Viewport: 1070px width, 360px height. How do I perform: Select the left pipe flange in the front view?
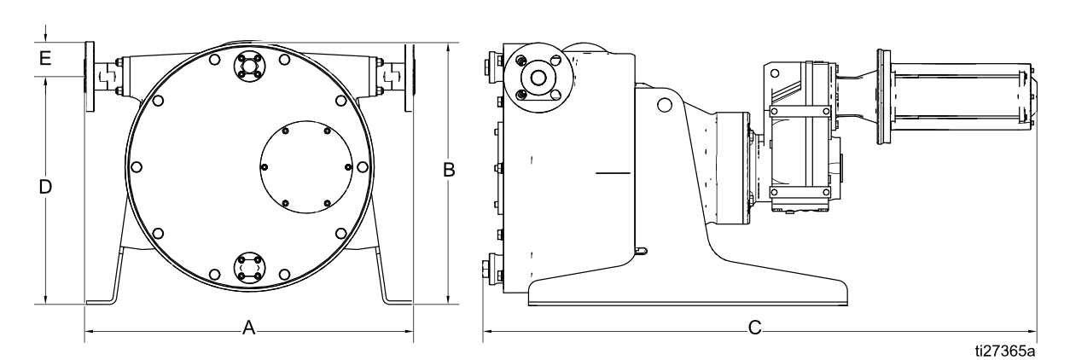[x=88, y=76]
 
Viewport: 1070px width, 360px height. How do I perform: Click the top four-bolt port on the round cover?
[x=249, y=66]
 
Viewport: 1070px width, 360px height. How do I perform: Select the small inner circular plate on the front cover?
[x=305, y=166]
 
